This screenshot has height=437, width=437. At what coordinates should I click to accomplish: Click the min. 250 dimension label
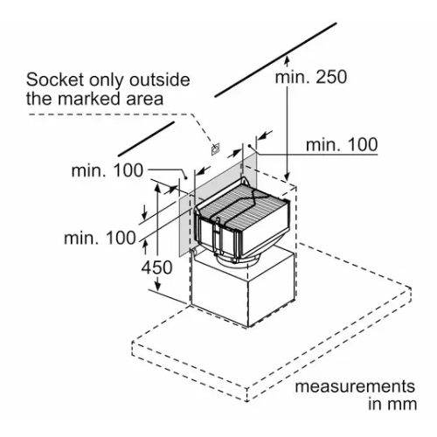coord(311,77)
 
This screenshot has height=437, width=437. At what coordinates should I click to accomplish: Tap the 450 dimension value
coord(156,267)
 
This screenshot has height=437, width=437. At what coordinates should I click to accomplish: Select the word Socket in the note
coord(55,80)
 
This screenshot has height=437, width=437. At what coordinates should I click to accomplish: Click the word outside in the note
coord(160,80)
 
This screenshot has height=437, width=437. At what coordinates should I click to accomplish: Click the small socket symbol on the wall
coord(216,149)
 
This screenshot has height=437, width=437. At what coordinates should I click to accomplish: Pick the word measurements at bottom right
coord(355,386)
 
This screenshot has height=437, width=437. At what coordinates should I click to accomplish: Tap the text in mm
coord(392,404)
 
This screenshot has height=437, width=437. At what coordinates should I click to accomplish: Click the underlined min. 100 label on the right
coord(342,144)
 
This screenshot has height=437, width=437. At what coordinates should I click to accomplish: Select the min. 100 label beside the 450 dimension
coord(100,238)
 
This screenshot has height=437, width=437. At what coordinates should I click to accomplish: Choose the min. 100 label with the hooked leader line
coord(108,170)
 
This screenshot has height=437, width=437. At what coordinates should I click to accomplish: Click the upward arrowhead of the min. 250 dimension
coord(287,60)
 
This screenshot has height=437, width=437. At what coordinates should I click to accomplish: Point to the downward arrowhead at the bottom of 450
coord(157,286)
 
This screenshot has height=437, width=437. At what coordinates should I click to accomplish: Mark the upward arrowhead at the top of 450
coord(157,189)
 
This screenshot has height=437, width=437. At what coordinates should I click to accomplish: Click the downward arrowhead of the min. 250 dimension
coord(288,176)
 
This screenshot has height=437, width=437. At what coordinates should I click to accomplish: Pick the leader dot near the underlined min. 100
coord(250,145)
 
